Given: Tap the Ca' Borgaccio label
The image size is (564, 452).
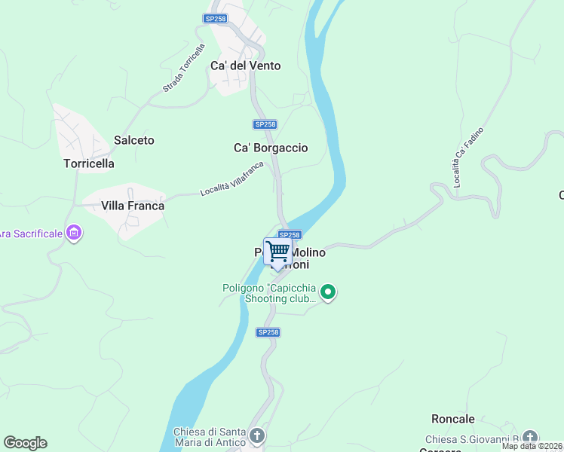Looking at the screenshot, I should coord(271,148).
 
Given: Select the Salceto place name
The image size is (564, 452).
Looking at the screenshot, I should coord(133,140).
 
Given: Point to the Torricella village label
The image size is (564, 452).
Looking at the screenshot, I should coord(89,163).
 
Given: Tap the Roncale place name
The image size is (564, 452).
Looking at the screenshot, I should coord(453,419).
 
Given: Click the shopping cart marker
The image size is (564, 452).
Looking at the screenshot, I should coord(278,251).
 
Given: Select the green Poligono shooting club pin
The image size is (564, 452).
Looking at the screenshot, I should coord(327,292).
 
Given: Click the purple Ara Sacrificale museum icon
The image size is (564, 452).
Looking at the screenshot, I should coord(74,234).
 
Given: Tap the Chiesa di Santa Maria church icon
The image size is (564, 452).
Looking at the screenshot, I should coord(257,436).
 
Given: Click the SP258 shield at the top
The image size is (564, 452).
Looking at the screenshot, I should coord(216,18).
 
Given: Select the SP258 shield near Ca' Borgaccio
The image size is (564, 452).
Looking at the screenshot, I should coord(265,124).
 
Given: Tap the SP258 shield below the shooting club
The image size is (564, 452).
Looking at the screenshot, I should coord(268,332).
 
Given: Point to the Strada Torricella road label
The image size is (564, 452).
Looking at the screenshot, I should coord(184,69).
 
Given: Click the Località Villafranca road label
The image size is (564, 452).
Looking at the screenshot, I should coord(232,179).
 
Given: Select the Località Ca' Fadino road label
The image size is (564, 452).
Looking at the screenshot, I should coord(468,157).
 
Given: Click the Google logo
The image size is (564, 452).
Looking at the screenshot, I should coord(25,443).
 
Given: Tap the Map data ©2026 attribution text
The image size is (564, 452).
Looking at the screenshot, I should coord(532,446).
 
